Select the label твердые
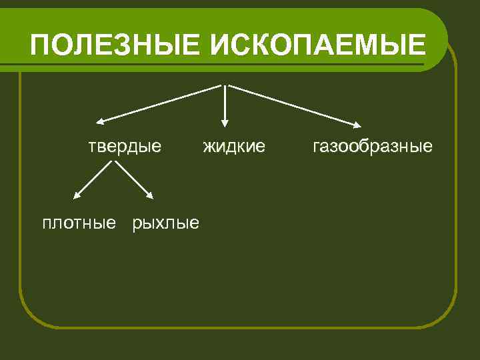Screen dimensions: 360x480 126,146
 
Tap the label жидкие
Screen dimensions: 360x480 234,146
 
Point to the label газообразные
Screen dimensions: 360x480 372,146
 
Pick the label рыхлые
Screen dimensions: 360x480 166,222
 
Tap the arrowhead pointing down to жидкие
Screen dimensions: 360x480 225,122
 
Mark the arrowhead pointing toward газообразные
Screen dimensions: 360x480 358,124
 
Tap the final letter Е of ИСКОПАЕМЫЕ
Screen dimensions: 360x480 415,45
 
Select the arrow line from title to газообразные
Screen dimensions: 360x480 293,105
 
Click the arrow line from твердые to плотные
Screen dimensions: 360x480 92,179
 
